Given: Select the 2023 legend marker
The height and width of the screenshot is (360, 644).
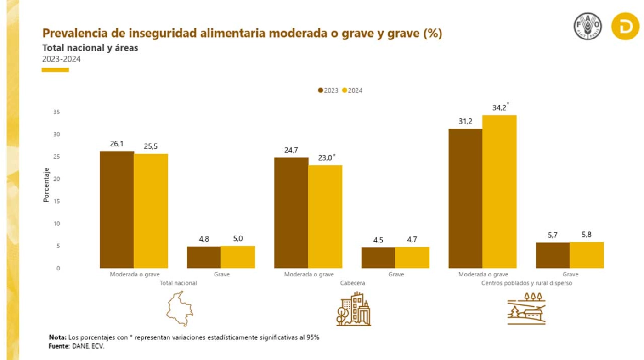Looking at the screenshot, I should (x=320, y=90).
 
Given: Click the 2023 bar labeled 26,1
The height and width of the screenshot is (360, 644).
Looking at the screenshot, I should (x=117, y=209).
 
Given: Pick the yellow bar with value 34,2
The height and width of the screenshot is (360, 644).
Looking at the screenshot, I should (x=499, y=191).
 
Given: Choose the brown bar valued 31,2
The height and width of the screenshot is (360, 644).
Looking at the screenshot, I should (x=465, y=198).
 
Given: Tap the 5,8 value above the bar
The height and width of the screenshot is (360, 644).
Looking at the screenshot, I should (x=587, y=234).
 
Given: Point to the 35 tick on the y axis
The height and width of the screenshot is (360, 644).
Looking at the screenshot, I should (x=57, y=112).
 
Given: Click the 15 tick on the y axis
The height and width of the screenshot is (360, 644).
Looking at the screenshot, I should (x=57, y=202).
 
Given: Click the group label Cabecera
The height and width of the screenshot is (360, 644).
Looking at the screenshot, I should (x=352, y=283).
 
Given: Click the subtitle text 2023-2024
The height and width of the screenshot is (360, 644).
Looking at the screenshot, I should (x=62, y=59).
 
